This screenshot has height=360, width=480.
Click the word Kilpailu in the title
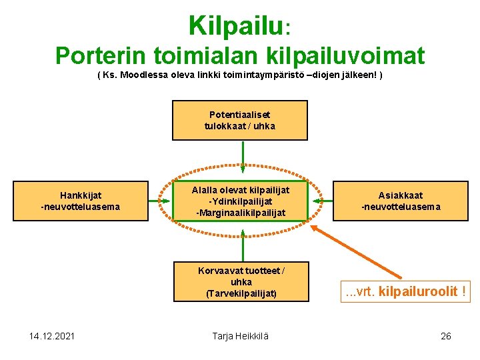click(237, 26)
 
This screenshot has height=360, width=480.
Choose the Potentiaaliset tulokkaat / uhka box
click(240, 120)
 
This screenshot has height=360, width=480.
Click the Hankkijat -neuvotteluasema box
click(81, 201)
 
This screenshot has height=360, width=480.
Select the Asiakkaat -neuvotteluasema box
click(401, 201)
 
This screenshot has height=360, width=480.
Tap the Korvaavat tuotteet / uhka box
click(241, 281)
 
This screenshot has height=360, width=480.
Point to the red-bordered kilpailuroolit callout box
click(405, 291)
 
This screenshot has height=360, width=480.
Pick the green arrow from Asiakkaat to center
click(321, 200)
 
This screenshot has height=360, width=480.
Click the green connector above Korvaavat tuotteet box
click(243, 241)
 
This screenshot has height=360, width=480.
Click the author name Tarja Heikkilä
click(240, 335)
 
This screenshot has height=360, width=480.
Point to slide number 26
click(446, 335)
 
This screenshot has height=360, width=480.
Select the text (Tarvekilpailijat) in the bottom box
click(241, 293)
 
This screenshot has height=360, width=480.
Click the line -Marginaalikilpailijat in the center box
click(240, 213)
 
